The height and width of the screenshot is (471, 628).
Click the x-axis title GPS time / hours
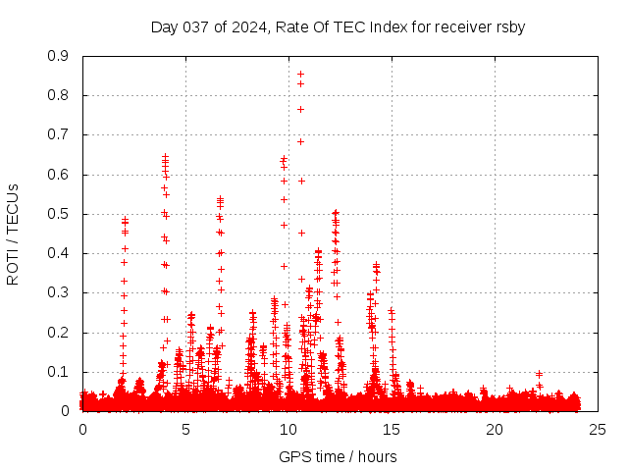(x=338, y=456)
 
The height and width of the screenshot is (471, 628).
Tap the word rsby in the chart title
(x=509, y=27)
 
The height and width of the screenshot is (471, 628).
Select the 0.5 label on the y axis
(x=58, y=214)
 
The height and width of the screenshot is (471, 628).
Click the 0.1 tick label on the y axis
(x=58, y=372)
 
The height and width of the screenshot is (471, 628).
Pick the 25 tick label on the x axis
(x=597, y=429)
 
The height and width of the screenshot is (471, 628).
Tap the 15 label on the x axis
(x=392, y=429)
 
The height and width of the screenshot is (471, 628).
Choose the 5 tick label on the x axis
(x=185, y=429)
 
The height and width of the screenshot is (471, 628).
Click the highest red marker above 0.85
(x=300, y=74)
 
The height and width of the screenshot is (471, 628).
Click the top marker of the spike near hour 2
(x=125, y=220)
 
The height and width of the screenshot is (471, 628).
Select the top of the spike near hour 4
(x=165, y=156)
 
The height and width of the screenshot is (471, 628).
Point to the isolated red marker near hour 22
(x=539, y=374)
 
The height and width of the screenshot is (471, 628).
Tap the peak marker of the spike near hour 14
(x=376, y=265)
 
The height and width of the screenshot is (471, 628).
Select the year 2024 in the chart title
(x=248, y=27)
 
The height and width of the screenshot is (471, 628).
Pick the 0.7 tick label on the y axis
(x=58, y=134)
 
